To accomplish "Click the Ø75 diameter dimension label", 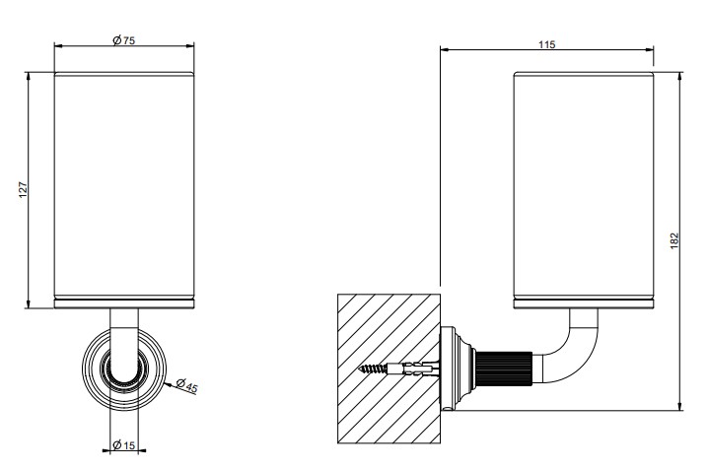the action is point(123,40).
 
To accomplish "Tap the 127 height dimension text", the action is point(24,190).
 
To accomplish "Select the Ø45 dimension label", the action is point(186,385).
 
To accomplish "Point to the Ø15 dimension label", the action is point(123,445).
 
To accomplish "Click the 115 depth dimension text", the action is point(547,44).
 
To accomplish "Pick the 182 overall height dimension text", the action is point(674,240).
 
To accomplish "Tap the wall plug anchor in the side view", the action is point(413,369).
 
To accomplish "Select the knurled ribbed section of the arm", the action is point(504,368).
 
